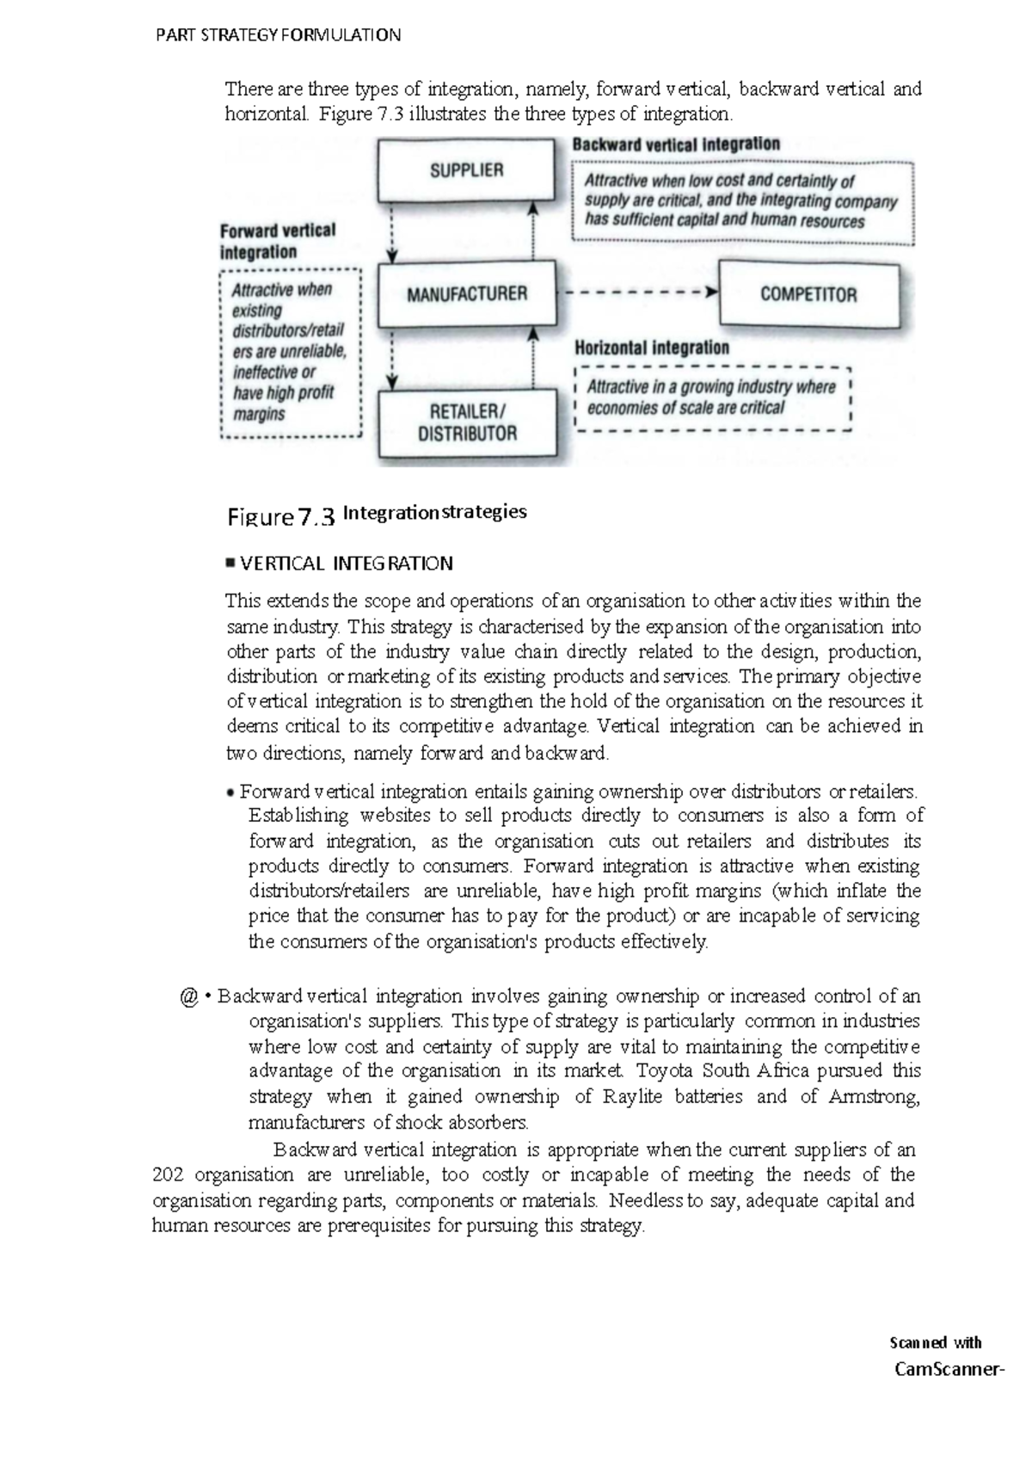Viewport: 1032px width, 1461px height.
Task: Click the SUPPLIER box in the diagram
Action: [466, 170]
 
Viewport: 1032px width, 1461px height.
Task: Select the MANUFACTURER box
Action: [466, 294]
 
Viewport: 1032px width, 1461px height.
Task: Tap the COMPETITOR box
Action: [808, 294]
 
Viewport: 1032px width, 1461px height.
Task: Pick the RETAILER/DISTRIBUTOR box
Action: [467, 422]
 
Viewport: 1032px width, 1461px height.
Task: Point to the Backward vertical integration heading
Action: [676, 145]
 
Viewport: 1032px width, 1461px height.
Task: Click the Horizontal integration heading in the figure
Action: [651, 348]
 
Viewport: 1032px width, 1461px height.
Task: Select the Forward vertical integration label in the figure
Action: [277, 242]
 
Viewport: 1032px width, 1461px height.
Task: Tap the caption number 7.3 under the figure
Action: [315, 517]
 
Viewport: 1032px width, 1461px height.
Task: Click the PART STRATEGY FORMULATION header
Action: [277, 35]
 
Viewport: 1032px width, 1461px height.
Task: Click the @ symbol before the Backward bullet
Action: [189, 997]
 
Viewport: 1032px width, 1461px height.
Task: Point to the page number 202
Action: [168, 1175]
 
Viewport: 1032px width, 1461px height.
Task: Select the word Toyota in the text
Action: [666, 1071]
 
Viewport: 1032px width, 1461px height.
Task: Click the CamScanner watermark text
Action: [949, 1369]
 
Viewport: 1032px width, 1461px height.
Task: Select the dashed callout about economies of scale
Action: [712, 398]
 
